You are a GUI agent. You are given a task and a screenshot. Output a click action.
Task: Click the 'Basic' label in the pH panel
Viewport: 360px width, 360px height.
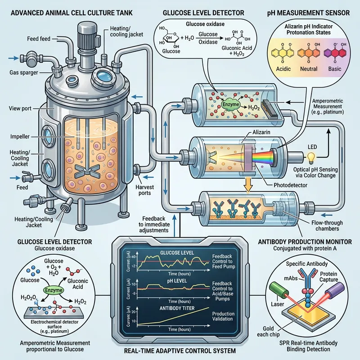pos(336,69)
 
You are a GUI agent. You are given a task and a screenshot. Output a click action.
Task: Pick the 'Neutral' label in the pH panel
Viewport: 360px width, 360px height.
pos(309,69)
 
